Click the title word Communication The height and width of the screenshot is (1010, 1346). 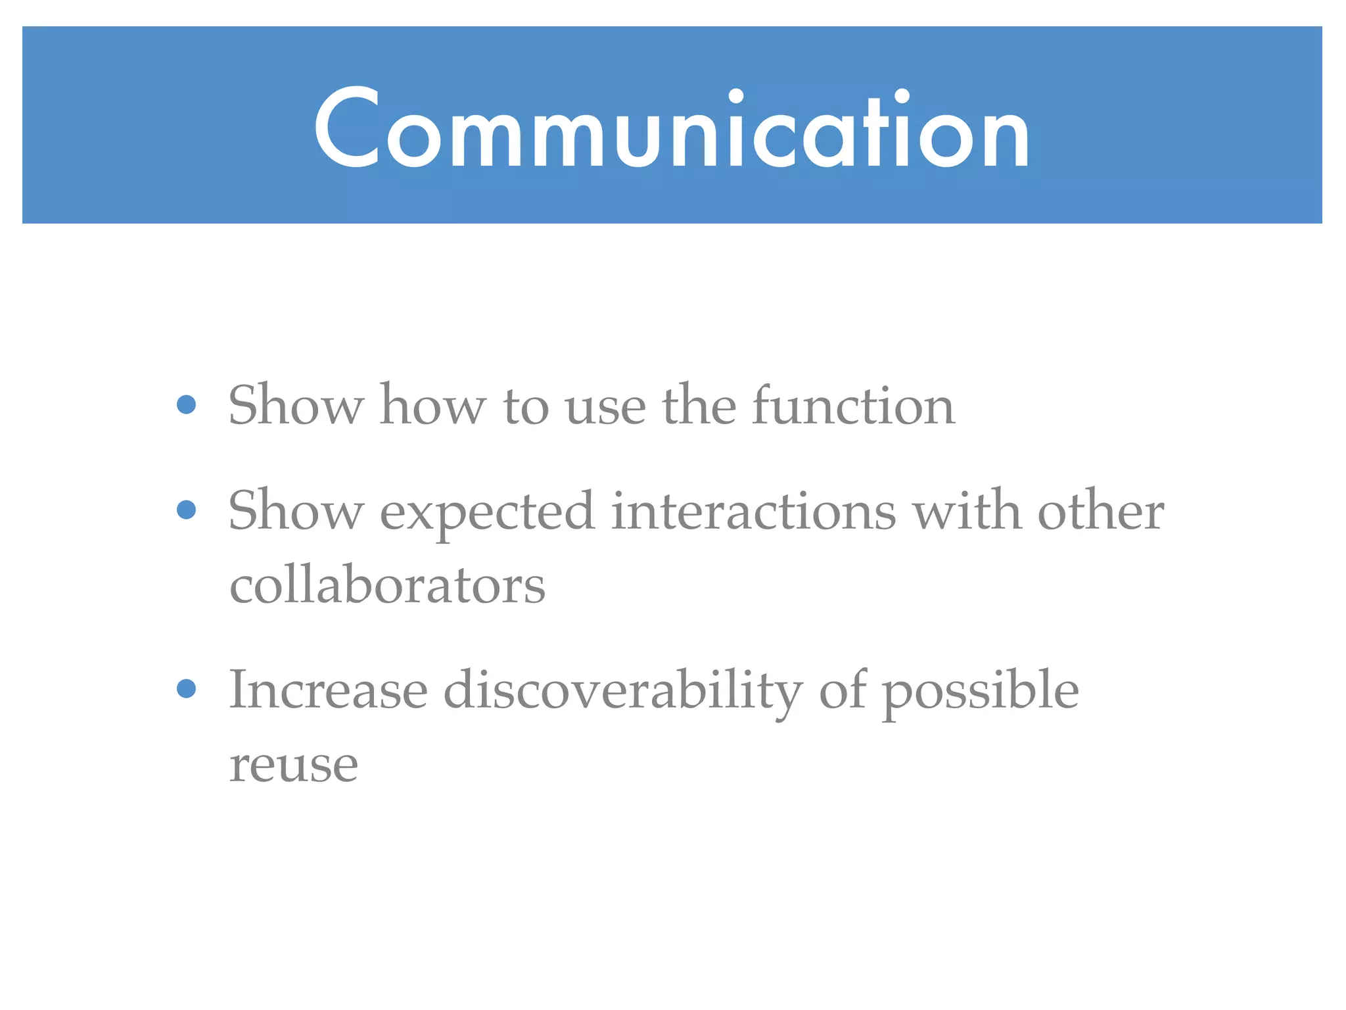click(x=672, y=128)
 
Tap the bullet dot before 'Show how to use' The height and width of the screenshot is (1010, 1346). click(x=187, y=404)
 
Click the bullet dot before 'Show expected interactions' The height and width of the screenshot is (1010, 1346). click(x=187, y=510)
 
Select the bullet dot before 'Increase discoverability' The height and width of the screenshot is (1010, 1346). click(x=187, y=688)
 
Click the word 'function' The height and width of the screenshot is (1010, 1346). click(x=853, y=406)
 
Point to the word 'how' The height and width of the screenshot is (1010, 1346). click(x=433, y=406)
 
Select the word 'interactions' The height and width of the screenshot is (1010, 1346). click(x=753, y=512)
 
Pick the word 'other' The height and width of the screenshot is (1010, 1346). click(x=1101, y=512)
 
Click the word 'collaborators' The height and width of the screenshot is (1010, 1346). click(x=387, y=585)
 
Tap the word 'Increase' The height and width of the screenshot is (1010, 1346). click(x=328, y=690)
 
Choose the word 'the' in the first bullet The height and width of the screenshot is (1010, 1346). click(x=699, y=406)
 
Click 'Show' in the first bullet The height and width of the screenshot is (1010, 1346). click(x=296, y=406)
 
